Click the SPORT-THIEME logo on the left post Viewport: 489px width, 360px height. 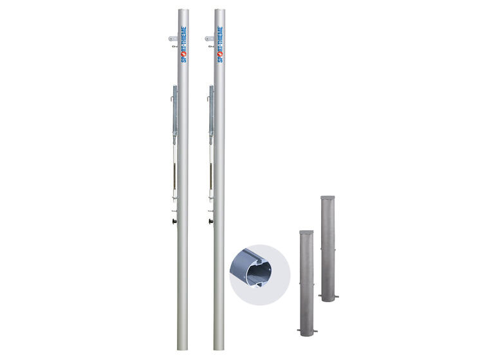click(x=184, y=44)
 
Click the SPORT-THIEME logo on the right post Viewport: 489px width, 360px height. click(x=220, y=44)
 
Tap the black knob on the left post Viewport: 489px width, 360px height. click(x=174, y=221)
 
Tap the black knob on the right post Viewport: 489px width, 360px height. click(x=211, y=221)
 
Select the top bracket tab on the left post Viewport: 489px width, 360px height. click(x=173, y=39)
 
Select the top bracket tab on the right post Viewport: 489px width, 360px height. click(x=209, y=39)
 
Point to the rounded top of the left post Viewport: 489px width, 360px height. click(x=183, y=10)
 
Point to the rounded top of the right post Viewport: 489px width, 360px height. click(x=220, y=10)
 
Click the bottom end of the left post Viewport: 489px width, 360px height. click(x=183, y=348)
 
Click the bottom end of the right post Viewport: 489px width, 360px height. click(x=219, y=348)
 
